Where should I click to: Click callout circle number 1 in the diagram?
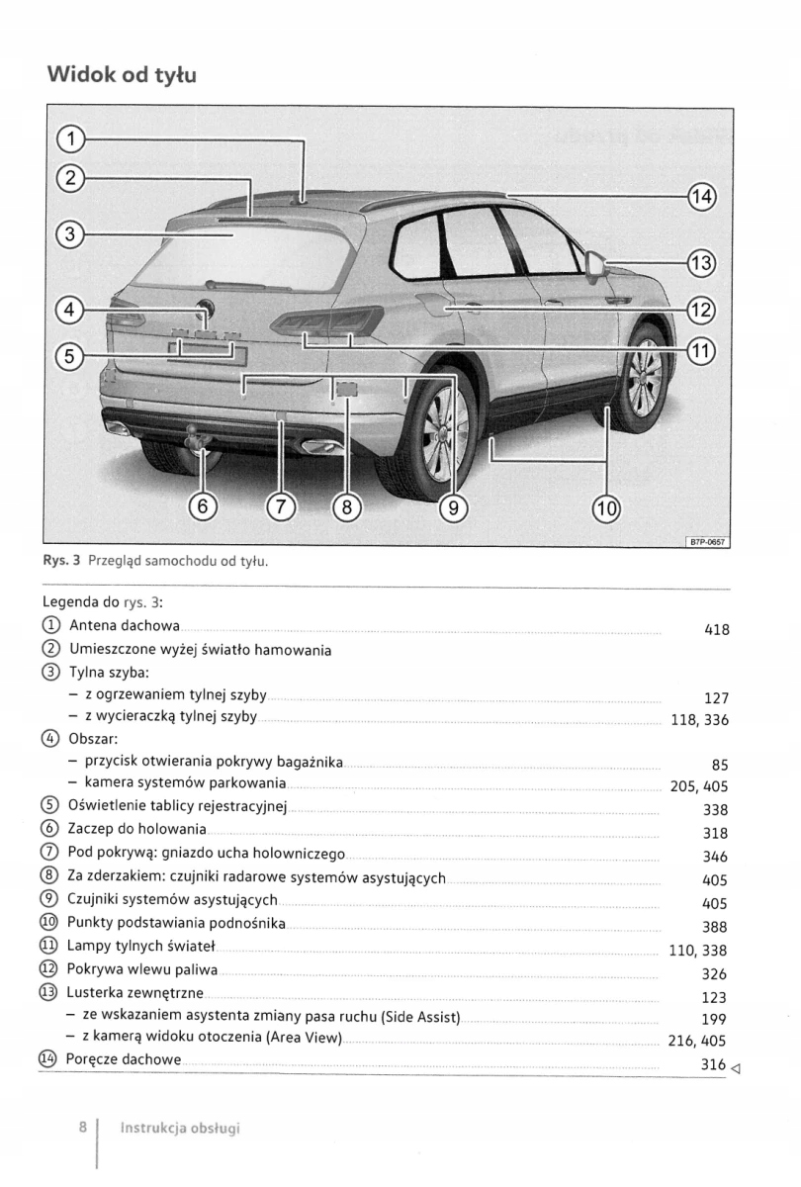70,137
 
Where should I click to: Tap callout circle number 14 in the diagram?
700,196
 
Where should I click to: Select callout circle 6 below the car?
202,507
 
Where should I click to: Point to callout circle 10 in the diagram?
606,508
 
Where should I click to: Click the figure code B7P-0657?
705,541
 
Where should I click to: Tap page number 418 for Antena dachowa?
715,629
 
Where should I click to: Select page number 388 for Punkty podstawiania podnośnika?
714,927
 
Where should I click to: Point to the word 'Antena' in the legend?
94,626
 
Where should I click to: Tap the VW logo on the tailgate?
205,308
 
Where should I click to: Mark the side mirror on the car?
596,265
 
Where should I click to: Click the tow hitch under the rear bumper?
193,436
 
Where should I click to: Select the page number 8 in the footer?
84,1127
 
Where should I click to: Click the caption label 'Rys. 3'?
62,562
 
